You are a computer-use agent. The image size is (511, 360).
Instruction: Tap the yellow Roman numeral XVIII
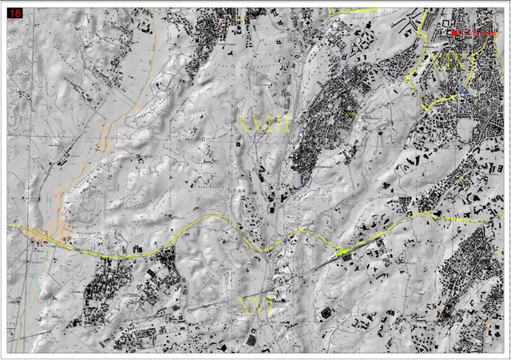pos(263,124)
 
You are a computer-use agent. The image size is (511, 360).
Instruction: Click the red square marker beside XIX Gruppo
pos(454,33)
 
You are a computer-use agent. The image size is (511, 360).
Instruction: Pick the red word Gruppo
pos(480,33)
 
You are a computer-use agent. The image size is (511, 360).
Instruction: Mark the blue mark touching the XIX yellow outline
pos(463,93)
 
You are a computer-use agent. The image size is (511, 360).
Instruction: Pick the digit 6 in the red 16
pos(18,14)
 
